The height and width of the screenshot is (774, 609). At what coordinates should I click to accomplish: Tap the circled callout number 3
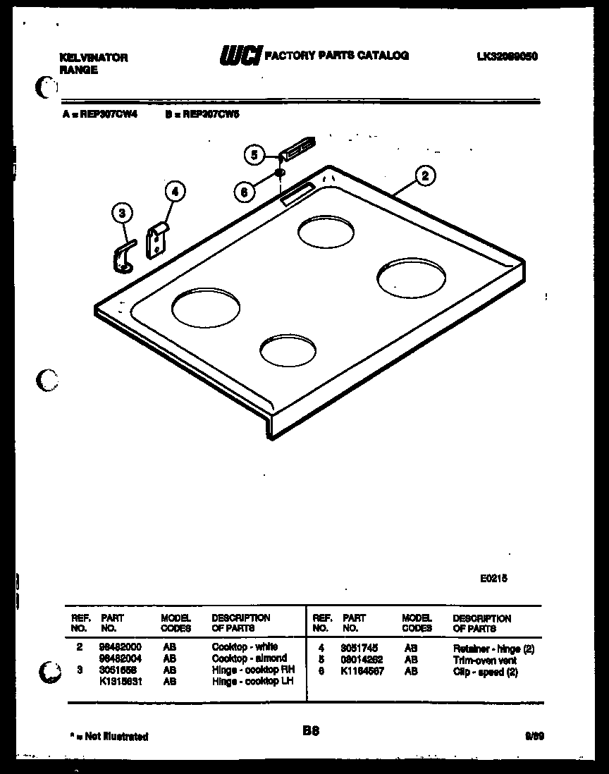[122, 212]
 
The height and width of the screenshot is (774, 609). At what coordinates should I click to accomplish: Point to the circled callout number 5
[255, 154]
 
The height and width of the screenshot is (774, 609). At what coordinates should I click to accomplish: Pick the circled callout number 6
[243, 191]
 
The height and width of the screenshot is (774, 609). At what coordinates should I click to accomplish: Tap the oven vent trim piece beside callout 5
[297, 147]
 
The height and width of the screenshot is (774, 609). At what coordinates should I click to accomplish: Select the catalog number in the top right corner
[508, 56]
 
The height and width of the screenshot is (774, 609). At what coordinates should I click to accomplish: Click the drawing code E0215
[493, 577]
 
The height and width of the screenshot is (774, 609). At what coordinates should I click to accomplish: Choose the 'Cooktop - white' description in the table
[245, 646]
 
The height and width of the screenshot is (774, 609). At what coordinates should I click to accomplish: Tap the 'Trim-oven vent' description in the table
[484, 661]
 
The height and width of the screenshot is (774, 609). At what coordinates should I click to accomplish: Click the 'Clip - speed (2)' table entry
[486, 672]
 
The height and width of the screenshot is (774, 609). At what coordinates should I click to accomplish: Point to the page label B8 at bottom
[311, 732]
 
